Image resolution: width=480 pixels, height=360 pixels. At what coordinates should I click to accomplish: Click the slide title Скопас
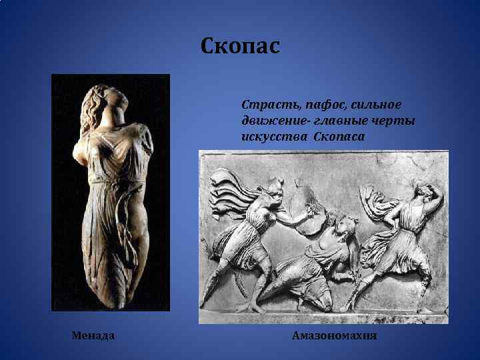(240, 47)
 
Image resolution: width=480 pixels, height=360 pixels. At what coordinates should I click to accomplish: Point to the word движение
(269, 121)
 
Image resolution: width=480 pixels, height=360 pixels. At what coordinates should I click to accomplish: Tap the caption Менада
(93, 335)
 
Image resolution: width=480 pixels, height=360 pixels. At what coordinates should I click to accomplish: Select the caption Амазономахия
(335, 335)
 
